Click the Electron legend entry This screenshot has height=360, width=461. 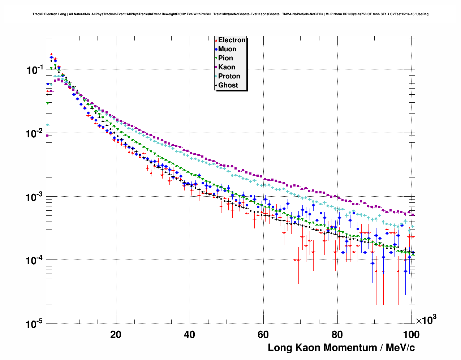point(232,40)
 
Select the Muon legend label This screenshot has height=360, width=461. point(227,49)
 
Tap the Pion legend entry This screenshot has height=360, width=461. point(225,58)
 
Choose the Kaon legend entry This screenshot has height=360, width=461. point(227,67)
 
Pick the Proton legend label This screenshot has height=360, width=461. point(229,76)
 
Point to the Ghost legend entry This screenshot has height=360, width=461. point(228,85)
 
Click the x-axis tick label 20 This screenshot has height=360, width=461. point(116,334)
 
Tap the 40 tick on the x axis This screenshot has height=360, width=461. point(189,334)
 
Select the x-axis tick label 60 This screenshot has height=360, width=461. point(263,334)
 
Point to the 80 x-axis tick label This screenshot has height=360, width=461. point(337,334)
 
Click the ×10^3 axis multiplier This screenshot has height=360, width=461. point(426,320)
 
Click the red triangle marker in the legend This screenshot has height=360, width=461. point(216,40)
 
